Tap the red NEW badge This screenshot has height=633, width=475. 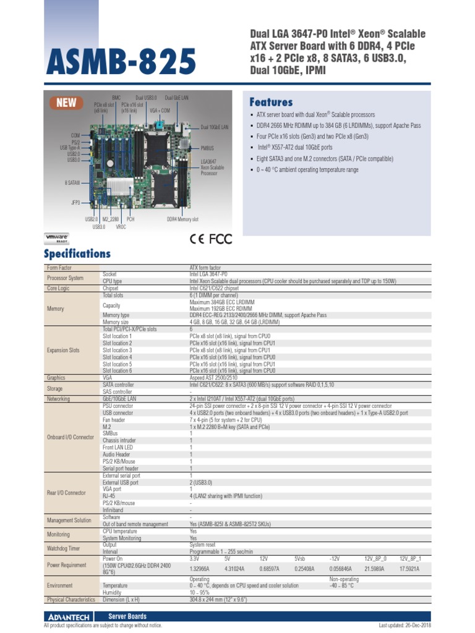tap(66, 103)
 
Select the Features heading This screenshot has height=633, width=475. tap(270, 102)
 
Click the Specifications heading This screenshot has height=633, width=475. tap(77, 253)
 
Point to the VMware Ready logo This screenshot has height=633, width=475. tap(57, 239)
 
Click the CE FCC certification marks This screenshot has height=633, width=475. tap(211, 239)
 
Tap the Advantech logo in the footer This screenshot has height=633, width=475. tap(69, 616)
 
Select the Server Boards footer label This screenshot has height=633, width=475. tap(127, 616)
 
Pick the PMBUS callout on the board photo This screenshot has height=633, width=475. tap(207, 148)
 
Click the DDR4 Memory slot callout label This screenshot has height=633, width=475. tap(182, 219)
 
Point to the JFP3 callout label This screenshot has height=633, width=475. tap(75, 202)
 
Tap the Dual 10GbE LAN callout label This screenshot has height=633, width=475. tap(214, 127)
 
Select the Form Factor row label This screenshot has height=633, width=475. tap(59, 268)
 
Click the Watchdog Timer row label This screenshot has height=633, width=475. tap(63, 548)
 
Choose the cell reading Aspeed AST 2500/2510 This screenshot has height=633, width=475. tap(214, 377)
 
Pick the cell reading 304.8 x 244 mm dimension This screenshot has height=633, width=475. tap(218, 600)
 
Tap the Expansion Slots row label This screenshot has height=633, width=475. tap(63, 350)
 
